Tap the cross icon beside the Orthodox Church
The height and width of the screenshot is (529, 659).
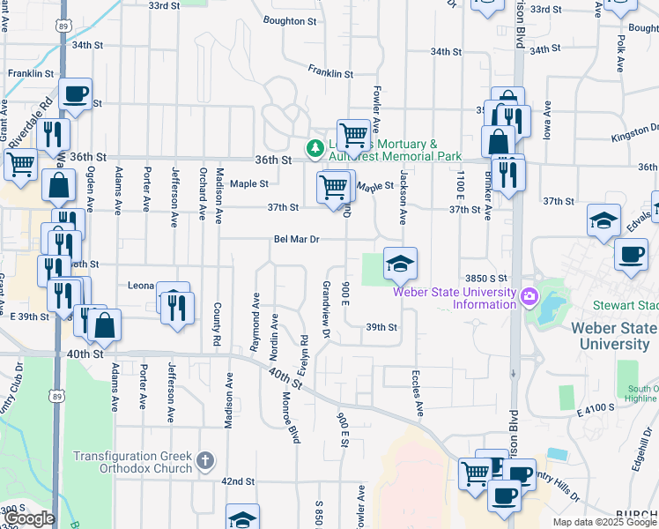tap(204, 459)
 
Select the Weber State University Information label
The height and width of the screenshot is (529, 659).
tap(454, 299)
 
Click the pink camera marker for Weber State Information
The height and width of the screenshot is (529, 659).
tap(529, 294)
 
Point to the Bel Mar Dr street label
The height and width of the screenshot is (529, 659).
tap(296, 238)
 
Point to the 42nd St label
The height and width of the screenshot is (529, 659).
tap(237, 482)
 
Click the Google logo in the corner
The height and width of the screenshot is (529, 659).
tap(29, 518)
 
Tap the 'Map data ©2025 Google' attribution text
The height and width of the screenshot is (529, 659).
tap(604, 522)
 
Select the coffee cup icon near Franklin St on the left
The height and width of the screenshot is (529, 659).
tap(75, 93)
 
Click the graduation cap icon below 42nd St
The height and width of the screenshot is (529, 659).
tap(242, 518)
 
